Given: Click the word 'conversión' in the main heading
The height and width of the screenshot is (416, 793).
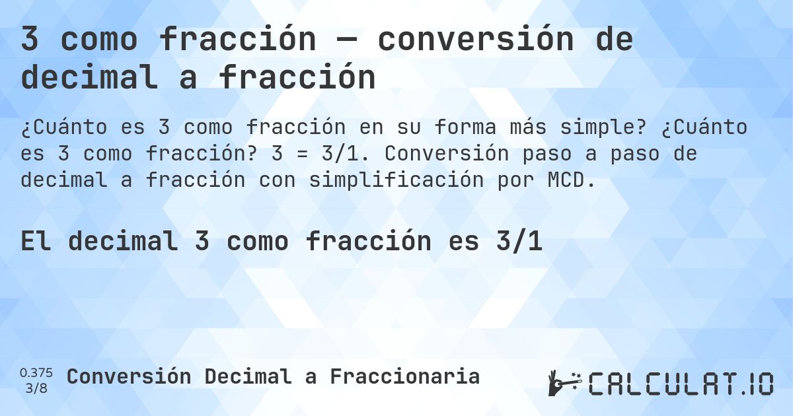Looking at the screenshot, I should click(x=476, y=40).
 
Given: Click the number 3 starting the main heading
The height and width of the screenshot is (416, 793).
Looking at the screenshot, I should click(x=30, y=40).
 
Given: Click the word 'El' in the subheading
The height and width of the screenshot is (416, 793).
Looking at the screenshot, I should click(x=36, y=242).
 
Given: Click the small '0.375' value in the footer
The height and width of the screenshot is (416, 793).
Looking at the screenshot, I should click(x=36, y=372).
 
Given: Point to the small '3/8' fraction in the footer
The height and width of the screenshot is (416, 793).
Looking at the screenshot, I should click(x=36, y=388).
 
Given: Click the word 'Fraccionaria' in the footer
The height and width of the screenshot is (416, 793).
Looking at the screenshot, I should click(x=404, y=376).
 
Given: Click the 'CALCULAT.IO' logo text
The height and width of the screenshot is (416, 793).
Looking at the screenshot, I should click(x=681, y=384).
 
